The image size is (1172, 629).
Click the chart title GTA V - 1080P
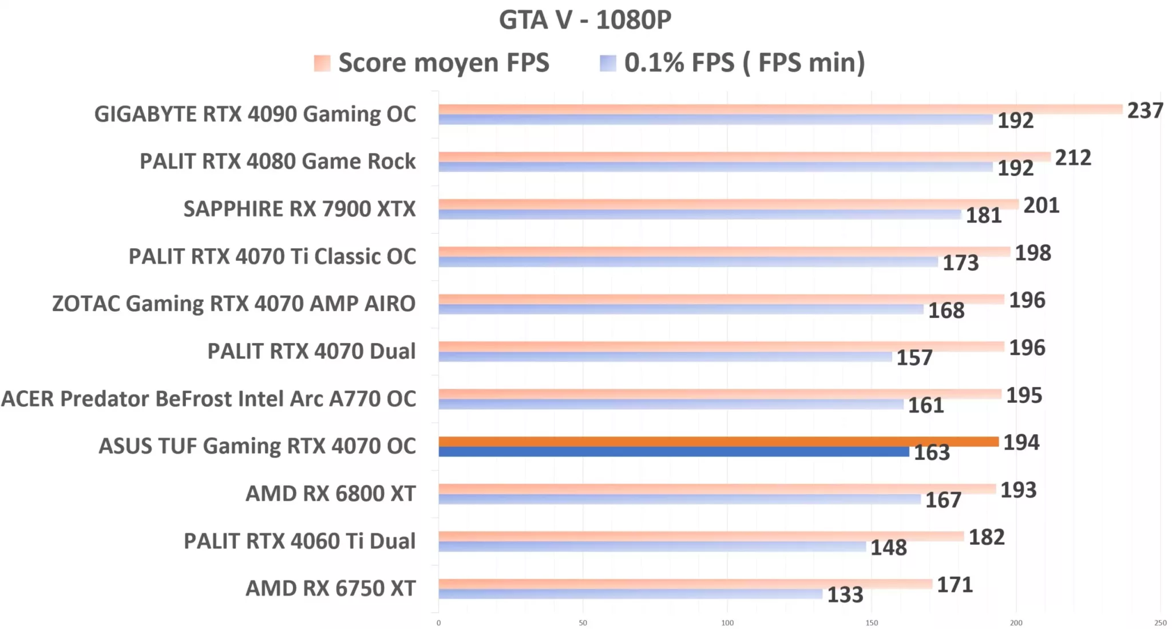pos(585,20)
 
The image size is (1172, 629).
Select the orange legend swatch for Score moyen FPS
pos(322,63)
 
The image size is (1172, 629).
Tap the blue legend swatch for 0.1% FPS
pos(608,63)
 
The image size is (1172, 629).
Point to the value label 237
pos(1145,111)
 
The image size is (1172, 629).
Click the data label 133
pos(845,595)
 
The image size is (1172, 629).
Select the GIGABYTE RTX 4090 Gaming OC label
pos(255,114)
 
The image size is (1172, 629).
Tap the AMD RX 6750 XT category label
pos(330,588)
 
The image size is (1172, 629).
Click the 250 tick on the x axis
pos(1160,623)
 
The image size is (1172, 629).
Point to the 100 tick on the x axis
pos(727,623)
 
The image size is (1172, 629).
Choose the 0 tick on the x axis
pos(438,623)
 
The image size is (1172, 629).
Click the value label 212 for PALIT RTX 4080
pos(1072,158)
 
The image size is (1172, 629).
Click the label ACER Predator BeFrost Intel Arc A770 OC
pos(209,399)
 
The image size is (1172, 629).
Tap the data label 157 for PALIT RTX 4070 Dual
pos(914,358)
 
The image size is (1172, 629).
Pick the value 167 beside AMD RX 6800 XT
pos(943,500)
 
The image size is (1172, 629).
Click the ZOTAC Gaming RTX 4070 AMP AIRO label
pos(233,304)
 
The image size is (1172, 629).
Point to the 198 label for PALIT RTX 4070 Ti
pos(1032,253)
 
